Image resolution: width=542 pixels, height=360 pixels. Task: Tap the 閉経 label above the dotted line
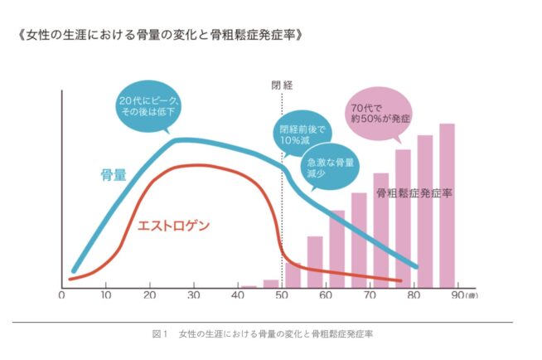point(282,85)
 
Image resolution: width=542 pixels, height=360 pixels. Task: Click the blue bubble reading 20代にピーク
point(150,107)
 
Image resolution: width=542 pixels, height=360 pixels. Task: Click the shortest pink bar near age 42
point(249,286)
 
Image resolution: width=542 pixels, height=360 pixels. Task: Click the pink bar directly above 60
point(336,249)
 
